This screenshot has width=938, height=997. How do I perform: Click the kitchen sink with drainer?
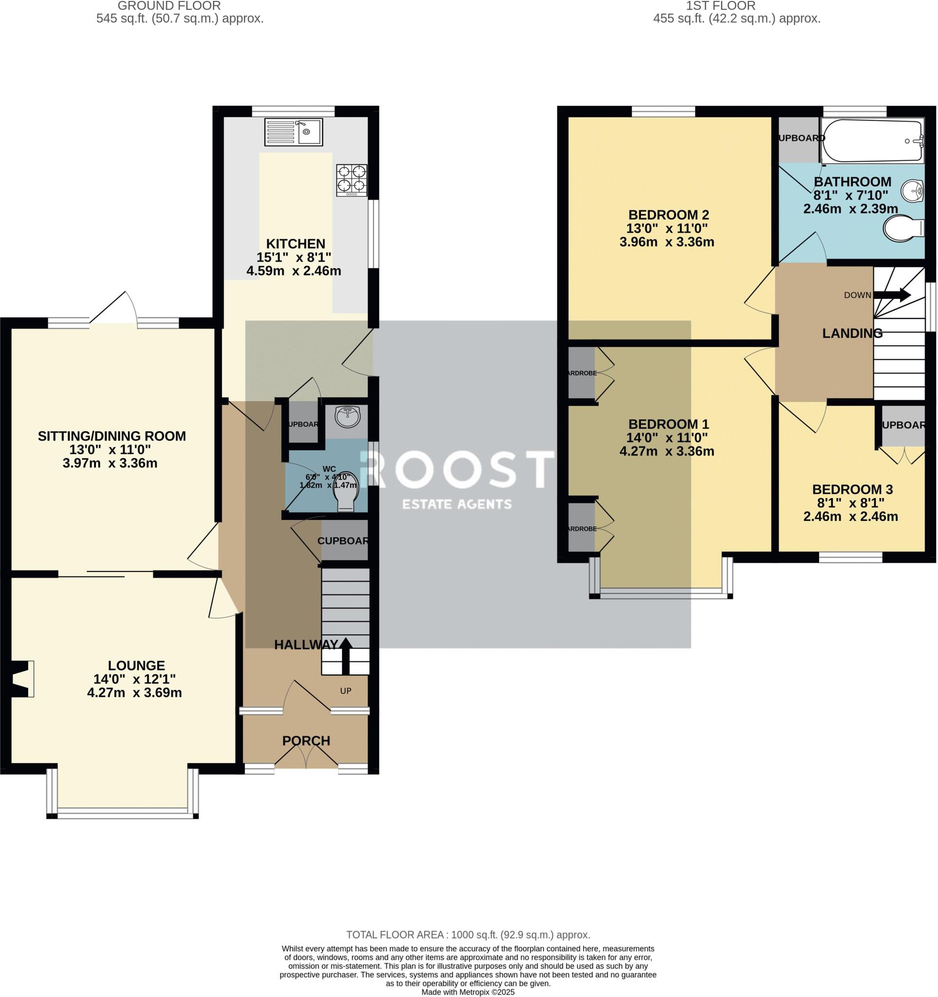294,132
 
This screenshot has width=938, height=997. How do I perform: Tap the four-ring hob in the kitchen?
352,180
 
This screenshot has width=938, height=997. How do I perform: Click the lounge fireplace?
21,679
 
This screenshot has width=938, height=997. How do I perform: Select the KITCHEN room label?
296,244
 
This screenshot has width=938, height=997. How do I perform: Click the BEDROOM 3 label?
852,489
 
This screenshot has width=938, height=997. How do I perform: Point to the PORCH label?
306,741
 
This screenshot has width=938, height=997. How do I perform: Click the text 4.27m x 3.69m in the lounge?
134,693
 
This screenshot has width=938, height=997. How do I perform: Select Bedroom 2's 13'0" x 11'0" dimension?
667,229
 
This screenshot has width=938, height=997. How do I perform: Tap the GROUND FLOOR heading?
169,6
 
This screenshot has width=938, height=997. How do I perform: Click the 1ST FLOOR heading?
736,6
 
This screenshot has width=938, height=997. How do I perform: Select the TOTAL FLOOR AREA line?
468,935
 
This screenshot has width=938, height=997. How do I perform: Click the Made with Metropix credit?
468,992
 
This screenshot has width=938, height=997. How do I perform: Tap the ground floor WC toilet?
346,493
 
